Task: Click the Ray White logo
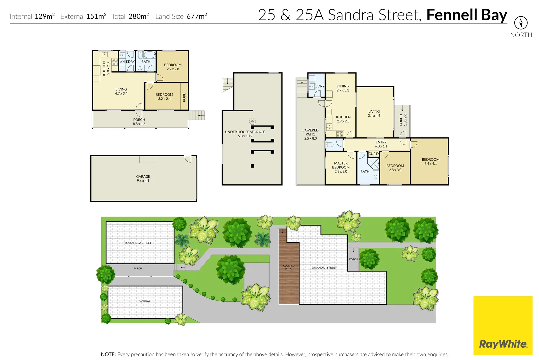[503, 344]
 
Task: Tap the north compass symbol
[521, 23]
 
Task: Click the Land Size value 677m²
[197, 16]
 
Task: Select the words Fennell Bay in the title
[466, 15]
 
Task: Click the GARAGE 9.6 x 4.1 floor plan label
[143, 179]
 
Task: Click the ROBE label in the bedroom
[184, 97]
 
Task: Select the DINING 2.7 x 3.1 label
[343, 88]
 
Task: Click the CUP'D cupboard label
[373, 154]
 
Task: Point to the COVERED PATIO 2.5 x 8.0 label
[310, 134]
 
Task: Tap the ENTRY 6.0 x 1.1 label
[381, 144]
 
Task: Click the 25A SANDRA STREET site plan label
[138, 243]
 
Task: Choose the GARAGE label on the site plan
[145, 301]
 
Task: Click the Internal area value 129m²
[45, 16]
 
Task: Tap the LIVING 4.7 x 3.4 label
[121, 91]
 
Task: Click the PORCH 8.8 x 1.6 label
[139, 122]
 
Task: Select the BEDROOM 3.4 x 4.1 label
[430, 161]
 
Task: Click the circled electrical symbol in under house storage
[252, 121]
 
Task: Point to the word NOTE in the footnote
[108, 354]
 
